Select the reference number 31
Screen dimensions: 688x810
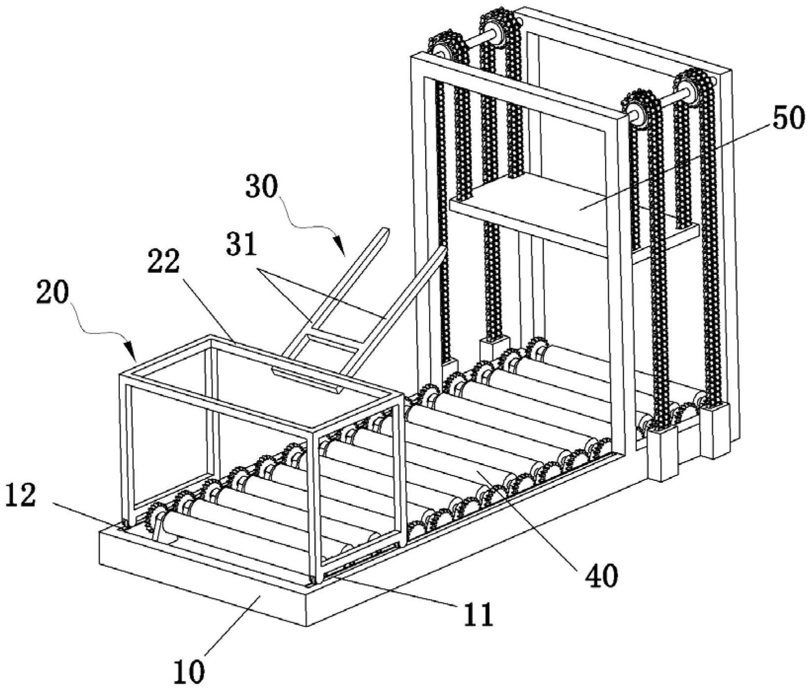pos(242,245)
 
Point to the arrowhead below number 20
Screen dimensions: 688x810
pos(134,353)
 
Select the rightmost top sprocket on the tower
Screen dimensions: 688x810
pos(689,87)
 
